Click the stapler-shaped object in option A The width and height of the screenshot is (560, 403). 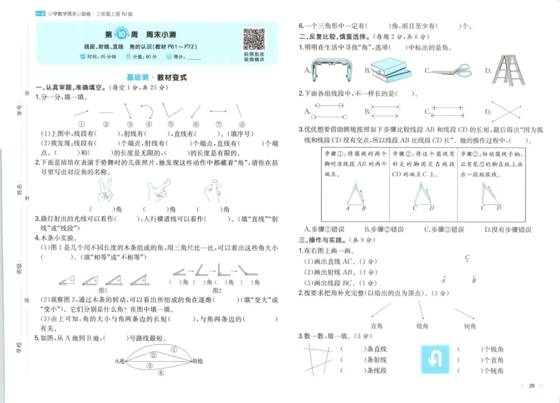tap(331, 69)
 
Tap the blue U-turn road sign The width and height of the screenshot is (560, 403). tap(432, 360)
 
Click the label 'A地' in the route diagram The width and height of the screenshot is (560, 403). tap(120, 361)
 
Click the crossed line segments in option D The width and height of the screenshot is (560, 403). tap(511, 111)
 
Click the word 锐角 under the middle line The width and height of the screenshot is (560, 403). tap(423, 326)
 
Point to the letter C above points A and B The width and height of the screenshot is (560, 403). tap(467, 258)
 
